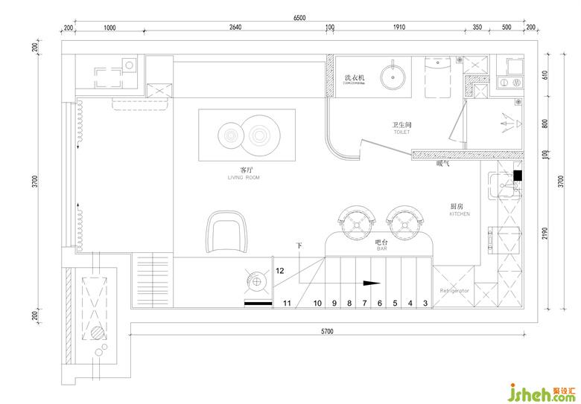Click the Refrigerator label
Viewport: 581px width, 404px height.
(x=454, y=289)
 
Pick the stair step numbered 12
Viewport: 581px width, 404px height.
(x=280, y=271)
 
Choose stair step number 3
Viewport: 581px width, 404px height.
(x=425, y=303)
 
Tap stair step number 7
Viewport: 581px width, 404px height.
(x=364, y=303)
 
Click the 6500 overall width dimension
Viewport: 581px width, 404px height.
(x=299, y=16)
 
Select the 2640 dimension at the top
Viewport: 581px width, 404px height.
(x=235, y=28)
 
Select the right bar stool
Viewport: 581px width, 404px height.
(x=404, y=220)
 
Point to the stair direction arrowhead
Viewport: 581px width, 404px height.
(x=370, y=283)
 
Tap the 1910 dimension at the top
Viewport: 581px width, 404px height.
(x=399, y=28)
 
